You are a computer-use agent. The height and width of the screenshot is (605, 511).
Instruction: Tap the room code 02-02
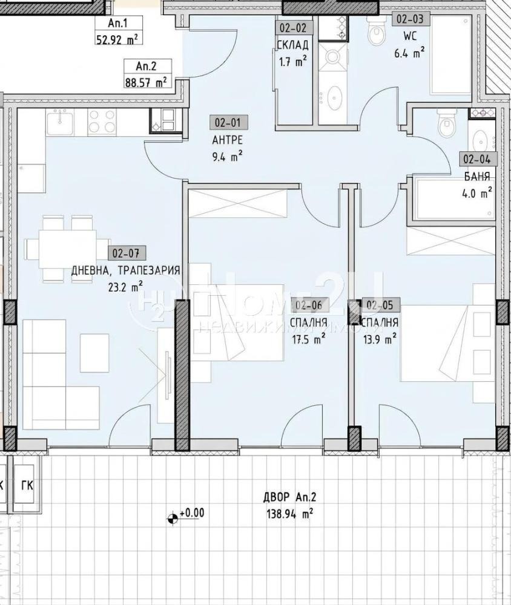pos(293,27)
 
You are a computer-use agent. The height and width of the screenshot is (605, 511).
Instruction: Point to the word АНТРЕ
pos(228,140)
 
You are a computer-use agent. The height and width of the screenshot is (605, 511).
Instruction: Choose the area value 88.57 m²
pos(145,81)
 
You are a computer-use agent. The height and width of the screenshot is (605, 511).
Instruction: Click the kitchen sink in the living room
pos(62,123)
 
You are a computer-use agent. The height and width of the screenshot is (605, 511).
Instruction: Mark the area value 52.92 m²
pos(116,39)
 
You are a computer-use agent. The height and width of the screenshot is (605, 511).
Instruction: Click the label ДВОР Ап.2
pos(289,499)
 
